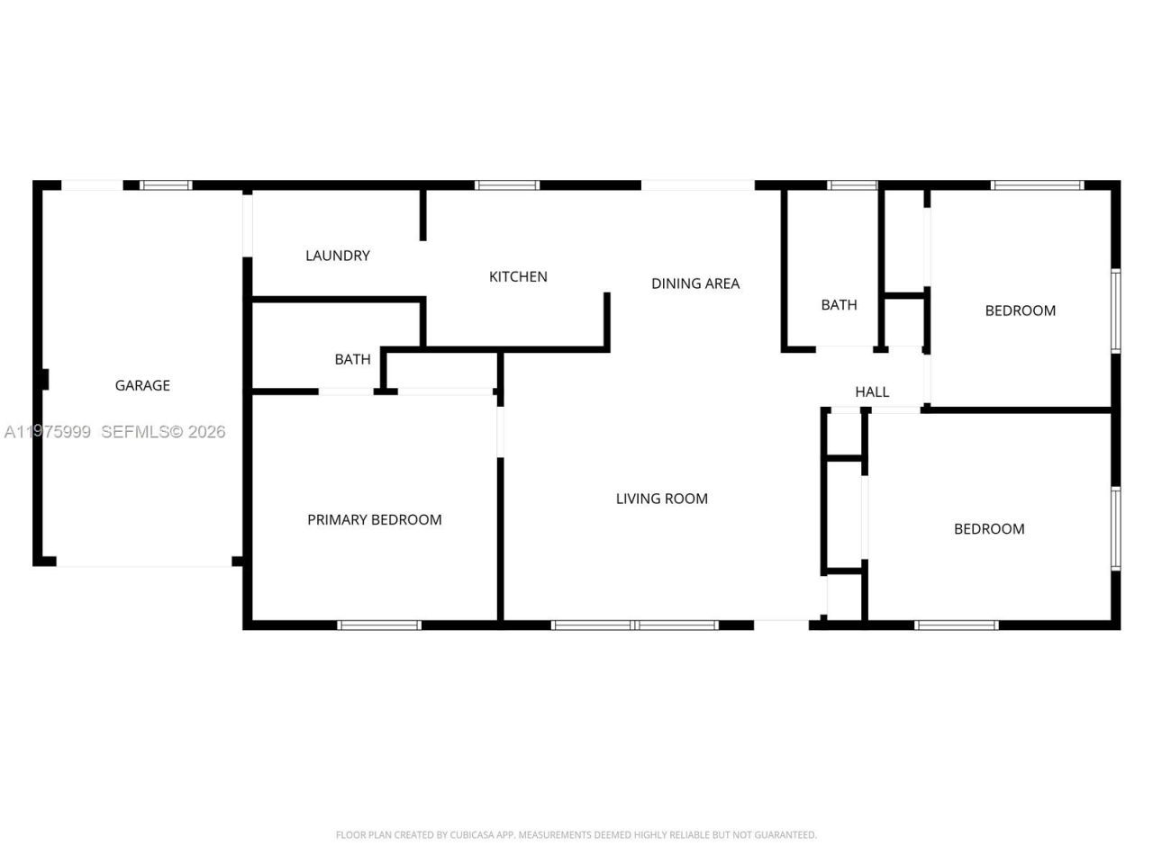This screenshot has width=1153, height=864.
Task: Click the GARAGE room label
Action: pos(142,385)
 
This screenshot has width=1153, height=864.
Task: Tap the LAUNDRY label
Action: pos(338,256)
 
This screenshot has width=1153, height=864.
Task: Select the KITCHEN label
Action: pos(518,276)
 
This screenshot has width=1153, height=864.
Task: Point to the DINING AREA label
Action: pos(695,283)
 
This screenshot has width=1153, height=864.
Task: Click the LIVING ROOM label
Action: pos(662,499)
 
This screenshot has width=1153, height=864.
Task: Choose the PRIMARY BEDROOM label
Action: pos(375,519)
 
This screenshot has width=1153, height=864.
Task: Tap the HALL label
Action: pos(872,391)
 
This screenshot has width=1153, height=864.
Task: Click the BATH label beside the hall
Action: pos(839,305)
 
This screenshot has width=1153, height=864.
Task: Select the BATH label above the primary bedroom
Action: pos(352,359)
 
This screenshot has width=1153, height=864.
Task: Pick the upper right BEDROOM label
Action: pos(1020,310)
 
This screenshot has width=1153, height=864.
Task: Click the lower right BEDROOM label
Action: pos(989,529)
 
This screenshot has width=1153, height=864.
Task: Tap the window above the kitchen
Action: pos(507,185)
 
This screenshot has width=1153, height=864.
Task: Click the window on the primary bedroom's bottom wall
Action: pos(379,625)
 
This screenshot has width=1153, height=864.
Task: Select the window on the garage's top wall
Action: pos(167,185)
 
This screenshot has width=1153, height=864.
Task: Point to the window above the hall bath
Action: pos(852,185)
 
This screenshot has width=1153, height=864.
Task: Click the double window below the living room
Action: pos(635,625)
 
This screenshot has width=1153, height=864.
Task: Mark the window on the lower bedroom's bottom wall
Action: pos(957,625)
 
